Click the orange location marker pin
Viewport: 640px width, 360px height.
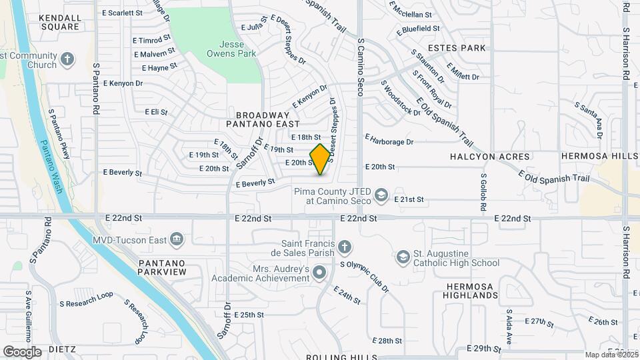[321, 159]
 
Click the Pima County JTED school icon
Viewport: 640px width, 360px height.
[381, 195]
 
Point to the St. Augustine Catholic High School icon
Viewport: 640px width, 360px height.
[403, 257]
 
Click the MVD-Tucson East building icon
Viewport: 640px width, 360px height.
[177, 238]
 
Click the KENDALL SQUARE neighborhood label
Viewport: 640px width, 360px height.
[60, 22]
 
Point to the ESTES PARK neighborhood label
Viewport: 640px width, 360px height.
[457, 48]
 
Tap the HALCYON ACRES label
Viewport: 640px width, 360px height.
[490, 156]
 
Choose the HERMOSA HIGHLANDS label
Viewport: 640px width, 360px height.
[469, 291]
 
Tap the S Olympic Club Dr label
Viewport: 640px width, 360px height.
[364, 276]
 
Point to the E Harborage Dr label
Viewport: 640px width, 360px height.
[389, 141]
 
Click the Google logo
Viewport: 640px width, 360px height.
[22, 351]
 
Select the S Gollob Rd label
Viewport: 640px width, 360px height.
[483, 193]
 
